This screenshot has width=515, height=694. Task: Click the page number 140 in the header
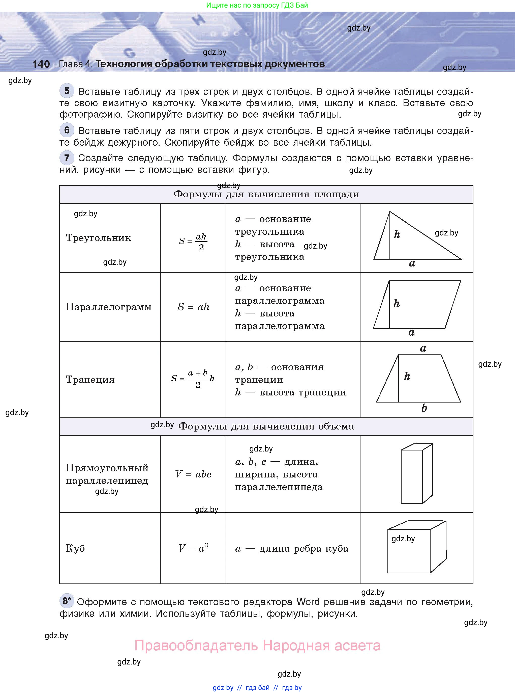point(41,64)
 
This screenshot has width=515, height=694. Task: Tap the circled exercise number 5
point(67,91)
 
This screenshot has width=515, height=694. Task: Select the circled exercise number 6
point(67,130)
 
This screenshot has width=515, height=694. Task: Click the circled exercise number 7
point(67,157)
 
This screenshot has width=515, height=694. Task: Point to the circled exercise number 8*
point(67,600)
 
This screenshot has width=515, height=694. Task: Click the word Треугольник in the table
point(99,238)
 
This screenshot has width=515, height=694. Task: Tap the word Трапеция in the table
point(90,380)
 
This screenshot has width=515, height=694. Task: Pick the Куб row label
point(75,548)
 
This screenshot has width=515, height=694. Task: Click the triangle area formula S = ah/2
point(193,242)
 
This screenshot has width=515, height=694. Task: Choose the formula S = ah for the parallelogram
point(193,307)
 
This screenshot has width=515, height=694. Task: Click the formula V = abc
point(193,474)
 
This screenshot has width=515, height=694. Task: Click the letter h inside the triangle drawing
point(397,234)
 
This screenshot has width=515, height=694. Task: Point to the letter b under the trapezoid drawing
point(424,408)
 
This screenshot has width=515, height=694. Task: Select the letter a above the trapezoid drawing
point(423,348)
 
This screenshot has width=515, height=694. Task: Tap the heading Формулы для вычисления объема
point(266,426)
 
